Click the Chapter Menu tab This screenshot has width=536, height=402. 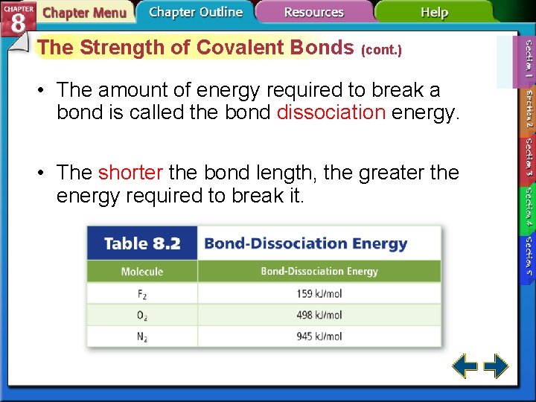pos(83,13)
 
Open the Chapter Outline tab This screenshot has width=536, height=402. pos(195,12)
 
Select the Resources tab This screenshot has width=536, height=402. pos(313,12)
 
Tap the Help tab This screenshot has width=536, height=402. pos(434,12)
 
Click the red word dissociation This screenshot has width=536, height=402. pos(331,113)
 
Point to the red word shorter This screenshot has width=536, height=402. pos(130,173)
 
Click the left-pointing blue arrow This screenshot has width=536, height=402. pos(465,366)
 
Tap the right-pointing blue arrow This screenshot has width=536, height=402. pos(496,366)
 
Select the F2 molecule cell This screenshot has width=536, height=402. pos(142,294)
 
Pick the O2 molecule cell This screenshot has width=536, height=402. pos(142,315)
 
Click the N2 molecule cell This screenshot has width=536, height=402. pos(142,336)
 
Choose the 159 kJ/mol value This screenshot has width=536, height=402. pos(319,294)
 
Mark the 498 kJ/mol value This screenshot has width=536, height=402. pos(319,315)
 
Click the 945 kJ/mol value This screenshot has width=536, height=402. pos(319,336)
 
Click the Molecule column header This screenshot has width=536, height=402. pos(142,272)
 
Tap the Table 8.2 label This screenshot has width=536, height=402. pos(142,244)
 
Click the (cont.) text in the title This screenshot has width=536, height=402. pos(381,51)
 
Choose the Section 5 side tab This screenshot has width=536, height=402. pos(529,257)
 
